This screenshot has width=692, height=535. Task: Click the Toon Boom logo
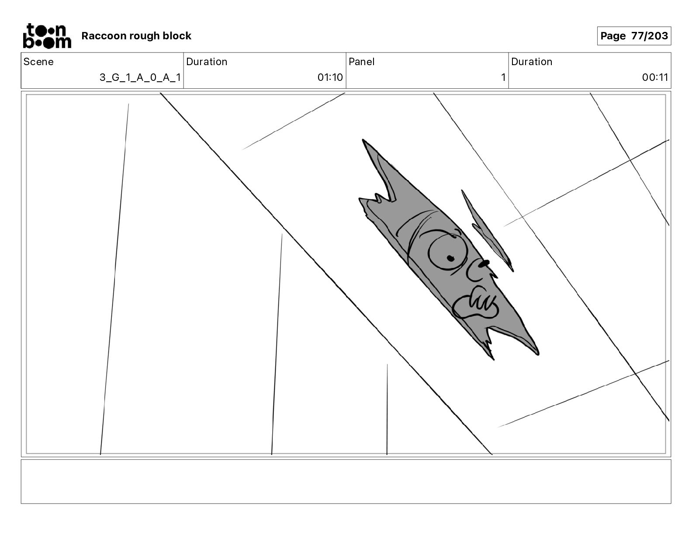[x=47, y=36]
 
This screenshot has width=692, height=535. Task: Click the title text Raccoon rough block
[x=136, y=36]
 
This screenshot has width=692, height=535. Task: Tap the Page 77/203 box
[x=634, y=36]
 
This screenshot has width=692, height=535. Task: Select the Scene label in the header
[x=38, y=62]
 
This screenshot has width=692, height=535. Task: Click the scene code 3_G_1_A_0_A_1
[x=140, y=77]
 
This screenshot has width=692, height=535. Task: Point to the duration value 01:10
[x=330, y=77]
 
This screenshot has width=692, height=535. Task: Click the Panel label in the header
[x=361, y=62]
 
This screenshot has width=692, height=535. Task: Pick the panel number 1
[x=503, y=77]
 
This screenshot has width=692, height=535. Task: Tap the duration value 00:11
[x=655, y=77]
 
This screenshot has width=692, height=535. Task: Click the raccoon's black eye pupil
[x=450, y=258]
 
